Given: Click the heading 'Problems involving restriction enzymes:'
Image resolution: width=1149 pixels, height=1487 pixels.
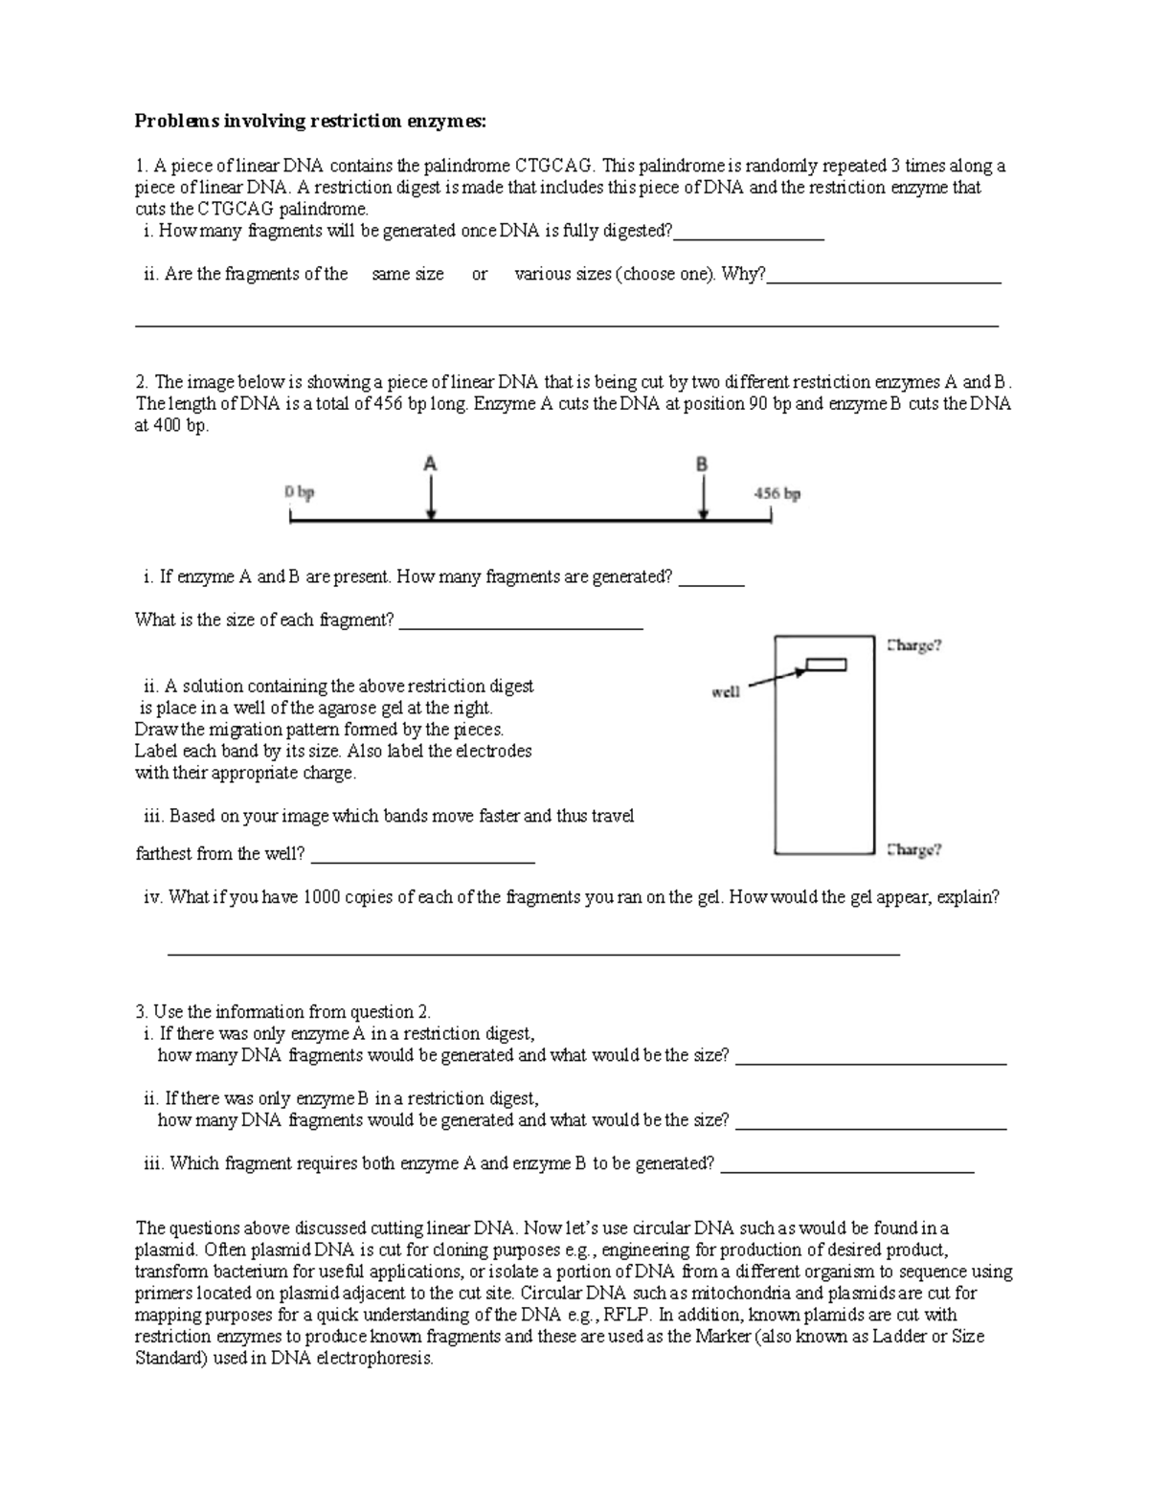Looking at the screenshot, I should pyautogui.click(x=310, y=121).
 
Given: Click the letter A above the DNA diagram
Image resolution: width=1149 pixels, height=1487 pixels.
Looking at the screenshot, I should pyautogui.click(x=430, y=463).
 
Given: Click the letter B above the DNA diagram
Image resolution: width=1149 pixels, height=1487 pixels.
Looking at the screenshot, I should pyautogui.click(x=702, y=463).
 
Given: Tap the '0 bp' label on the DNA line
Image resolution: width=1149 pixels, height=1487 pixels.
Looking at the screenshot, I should pyautogui.click(x=299, y=493).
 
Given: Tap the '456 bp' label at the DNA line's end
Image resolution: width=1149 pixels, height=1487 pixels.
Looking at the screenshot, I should pyautogui.click(x=778, y=494).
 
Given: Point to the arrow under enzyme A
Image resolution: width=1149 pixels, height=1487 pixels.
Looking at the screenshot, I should pyautogui.click(x=432, y=498).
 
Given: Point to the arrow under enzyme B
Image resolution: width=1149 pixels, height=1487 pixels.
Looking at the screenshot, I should pyautogui.click(x=704, y=498).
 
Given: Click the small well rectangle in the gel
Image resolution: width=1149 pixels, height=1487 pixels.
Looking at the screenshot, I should pyautogui.click(x=825, y=665).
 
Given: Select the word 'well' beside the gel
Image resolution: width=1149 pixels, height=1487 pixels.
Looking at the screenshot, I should pyautogui.click(x=725, y=691).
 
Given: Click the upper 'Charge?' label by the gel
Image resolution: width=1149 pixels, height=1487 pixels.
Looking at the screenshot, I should pyautogui.click(x=914, y=645).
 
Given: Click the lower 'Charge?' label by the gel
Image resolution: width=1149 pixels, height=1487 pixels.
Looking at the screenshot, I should pyautogui.click(x=914, y=849).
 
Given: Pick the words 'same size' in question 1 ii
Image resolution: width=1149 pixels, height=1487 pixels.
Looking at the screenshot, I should pyautogui.click(x=407, y=274).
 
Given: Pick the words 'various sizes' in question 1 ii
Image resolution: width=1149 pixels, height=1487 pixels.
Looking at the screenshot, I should pyautogui.click(x=563, y=274).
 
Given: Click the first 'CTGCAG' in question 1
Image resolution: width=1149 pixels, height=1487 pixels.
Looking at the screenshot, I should pyautogui.click(x=553, y=166).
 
